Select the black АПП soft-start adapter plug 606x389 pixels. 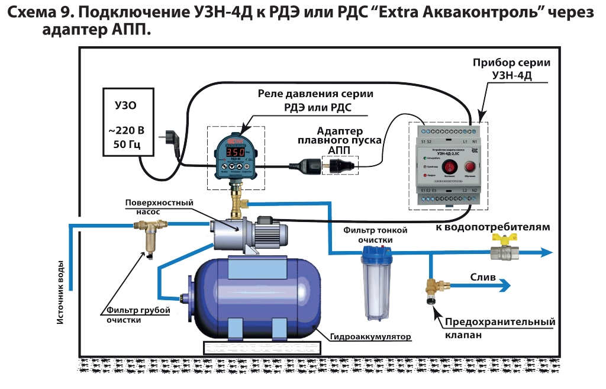point(333,166)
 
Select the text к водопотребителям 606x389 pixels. point(492,227)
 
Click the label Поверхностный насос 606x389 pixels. point(159,207)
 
